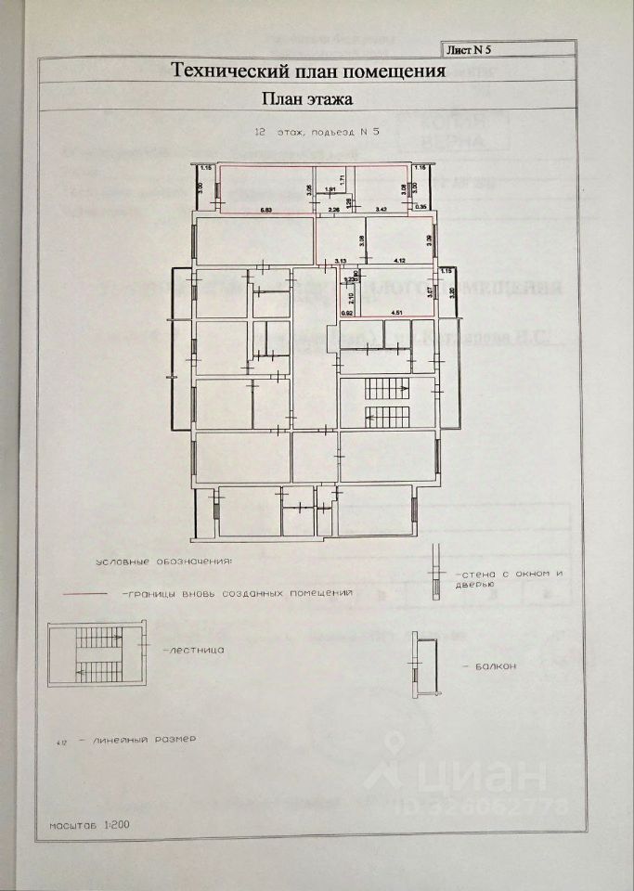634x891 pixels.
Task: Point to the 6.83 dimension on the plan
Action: click(265, 210)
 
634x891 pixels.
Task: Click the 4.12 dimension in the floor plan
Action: click(401, 262)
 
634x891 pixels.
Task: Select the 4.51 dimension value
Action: click(396, 313)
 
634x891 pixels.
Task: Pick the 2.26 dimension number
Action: click(335, 210)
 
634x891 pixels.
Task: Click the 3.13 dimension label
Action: click(341, 262)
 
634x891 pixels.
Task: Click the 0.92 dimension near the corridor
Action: click(347, 313)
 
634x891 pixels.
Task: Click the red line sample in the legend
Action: click(87, 592)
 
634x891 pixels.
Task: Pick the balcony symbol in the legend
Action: click(426, 666)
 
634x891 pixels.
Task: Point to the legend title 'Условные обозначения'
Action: click(164, 562)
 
